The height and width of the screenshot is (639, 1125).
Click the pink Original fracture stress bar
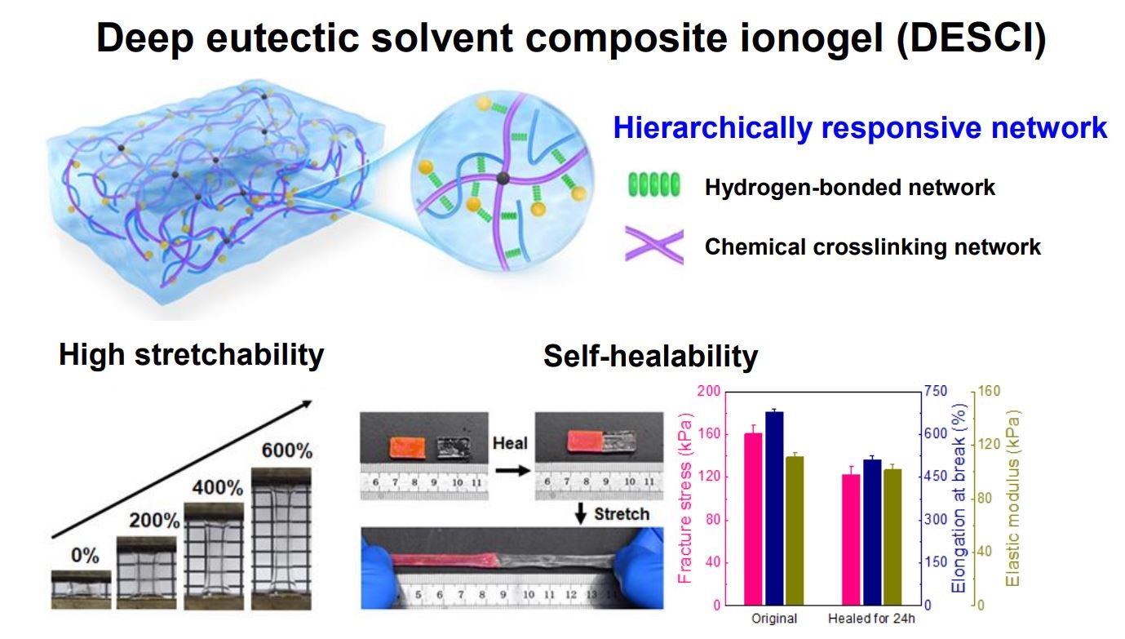753,518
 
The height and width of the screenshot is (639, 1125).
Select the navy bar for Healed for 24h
872,532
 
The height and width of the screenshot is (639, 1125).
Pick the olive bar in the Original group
795,530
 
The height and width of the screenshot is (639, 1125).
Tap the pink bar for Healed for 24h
851,539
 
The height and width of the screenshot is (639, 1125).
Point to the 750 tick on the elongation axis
937,392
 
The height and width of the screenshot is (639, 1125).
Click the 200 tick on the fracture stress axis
709,391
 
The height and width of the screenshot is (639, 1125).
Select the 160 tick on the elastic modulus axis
989,391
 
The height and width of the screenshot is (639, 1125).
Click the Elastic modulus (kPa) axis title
1013,498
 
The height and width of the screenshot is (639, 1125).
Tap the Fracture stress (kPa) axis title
685,498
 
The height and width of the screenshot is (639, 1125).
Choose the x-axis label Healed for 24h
871,619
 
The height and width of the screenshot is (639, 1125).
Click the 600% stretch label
287,450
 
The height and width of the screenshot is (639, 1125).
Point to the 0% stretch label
85,556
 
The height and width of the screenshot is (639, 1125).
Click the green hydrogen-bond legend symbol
654,185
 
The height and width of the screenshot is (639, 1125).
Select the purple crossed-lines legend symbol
654,246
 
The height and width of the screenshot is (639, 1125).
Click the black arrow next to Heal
512,471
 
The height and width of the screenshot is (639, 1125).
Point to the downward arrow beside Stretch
581,513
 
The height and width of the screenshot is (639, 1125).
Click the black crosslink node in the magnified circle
503,178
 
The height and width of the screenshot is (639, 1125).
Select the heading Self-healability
650,356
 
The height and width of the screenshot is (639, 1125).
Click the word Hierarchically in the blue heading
713,127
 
